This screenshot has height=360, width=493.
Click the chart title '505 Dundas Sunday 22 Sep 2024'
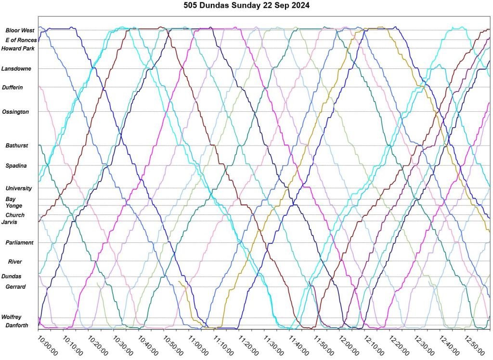coord(246,6)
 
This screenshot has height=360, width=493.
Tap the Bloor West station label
coord(17,30)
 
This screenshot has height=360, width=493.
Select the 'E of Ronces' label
coord(21,40)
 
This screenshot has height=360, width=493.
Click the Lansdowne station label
coord(16,69)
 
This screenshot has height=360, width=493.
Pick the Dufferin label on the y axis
coord(13,87)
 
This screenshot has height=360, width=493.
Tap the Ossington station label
coord(15,112)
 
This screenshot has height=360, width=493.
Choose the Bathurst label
coord(17,146)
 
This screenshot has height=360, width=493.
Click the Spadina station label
coord(16,166)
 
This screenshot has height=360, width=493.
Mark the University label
coord(18,188)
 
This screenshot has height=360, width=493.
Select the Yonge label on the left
coord(14,206)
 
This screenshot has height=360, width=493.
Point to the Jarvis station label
coord(13,222)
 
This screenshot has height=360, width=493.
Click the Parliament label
coord(19,243)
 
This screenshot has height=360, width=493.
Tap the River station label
coord(15,262)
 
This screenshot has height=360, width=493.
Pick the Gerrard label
coord(15,287)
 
